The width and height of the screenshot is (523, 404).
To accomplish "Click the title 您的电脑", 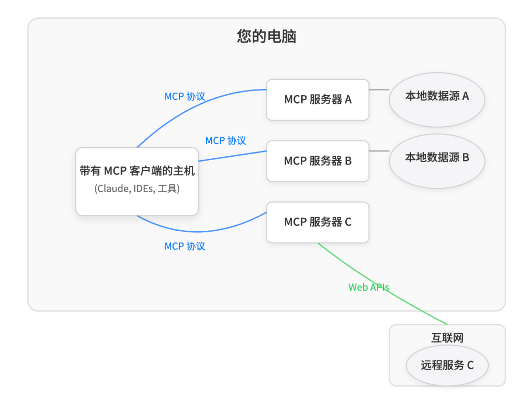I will (266, 37).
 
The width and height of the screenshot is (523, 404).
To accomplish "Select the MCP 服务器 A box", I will (318, 100).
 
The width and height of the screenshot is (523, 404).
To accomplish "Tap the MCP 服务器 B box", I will (318, 161).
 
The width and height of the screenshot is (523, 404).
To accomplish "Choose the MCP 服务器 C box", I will (318, 222).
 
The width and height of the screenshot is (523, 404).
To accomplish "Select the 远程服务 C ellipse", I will (447, 365).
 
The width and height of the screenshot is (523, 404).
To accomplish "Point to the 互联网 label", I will (447, 337).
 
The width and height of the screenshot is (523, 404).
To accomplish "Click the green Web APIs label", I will (369, 287).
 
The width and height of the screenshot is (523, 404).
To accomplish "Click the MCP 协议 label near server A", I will (185, 96).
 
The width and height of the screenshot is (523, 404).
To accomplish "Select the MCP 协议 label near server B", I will (226, 140).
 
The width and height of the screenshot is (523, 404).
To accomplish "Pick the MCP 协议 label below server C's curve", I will (185, 246).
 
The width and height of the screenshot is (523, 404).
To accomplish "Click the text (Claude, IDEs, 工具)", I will (137, 189).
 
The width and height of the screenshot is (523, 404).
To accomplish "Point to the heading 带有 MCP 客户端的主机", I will (137, 171).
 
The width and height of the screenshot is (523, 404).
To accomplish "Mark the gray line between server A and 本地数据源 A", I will (379, 90).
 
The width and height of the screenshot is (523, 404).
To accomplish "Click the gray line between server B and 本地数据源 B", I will (379, 151).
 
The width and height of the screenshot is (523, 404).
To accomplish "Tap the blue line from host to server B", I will (232, 156).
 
